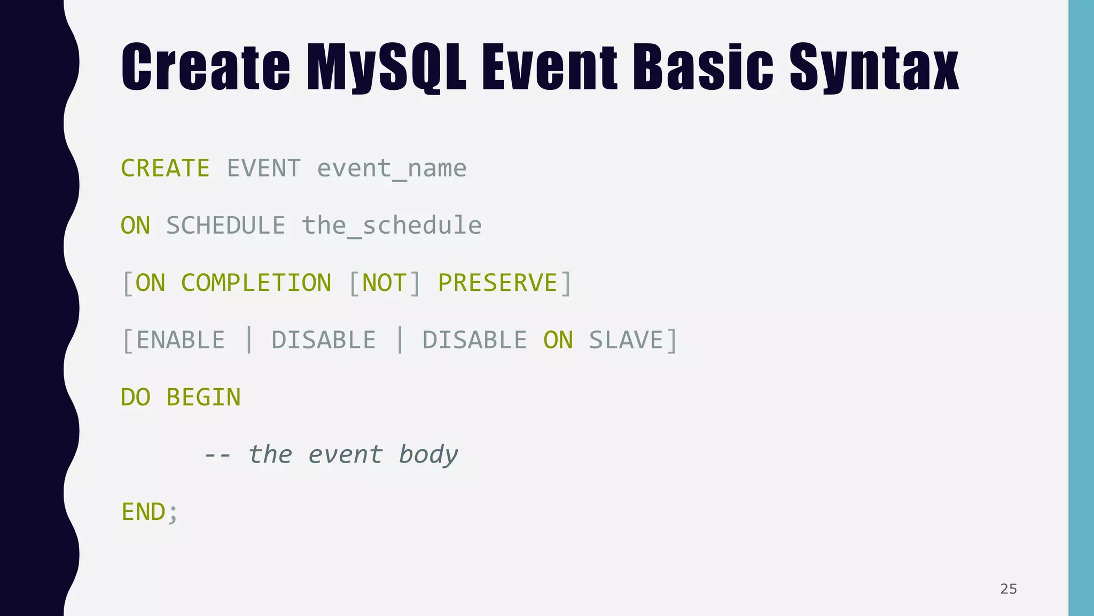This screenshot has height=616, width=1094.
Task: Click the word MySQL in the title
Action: pos(386,67)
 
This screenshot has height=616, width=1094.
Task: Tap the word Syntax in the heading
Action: pos(874,67)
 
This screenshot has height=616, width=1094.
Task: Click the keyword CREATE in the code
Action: pos(165,168)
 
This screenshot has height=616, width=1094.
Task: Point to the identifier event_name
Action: pos(392,169)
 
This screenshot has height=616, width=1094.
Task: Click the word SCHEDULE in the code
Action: pos(225,226)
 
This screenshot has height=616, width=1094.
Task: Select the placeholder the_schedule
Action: pos(392,226)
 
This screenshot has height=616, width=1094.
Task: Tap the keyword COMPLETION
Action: pos(256,283)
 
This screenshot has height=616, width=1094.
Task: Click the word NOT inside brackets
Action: pos(384,283)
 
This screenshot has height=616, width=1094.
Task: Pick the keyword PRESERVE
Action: pos(497,283)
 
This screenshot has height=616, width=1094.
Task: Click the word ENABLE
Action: pos(181,340)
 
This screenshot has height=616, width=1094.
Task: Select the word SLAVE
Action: pos(626,340)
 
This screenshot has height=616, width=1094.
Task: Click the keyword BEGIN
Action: pos(203,397)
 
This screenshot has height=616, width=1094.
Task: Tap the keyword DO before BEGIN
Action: pos(135,397)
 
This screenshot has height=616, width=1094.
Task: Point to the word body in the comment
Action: pos(428,455)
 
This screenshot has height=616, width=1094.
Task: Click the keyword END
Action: pos(143,512)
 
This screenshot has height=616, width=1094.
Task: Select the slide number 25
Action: pos(1008,589)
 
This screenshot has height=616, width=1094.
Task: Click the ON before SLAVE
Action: pos(558,340)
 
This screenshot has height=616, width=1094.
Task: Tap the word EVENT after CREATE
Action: pos(263,168)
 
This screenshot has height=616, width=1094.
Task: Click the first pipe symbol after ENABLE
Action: pos(248,340)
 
